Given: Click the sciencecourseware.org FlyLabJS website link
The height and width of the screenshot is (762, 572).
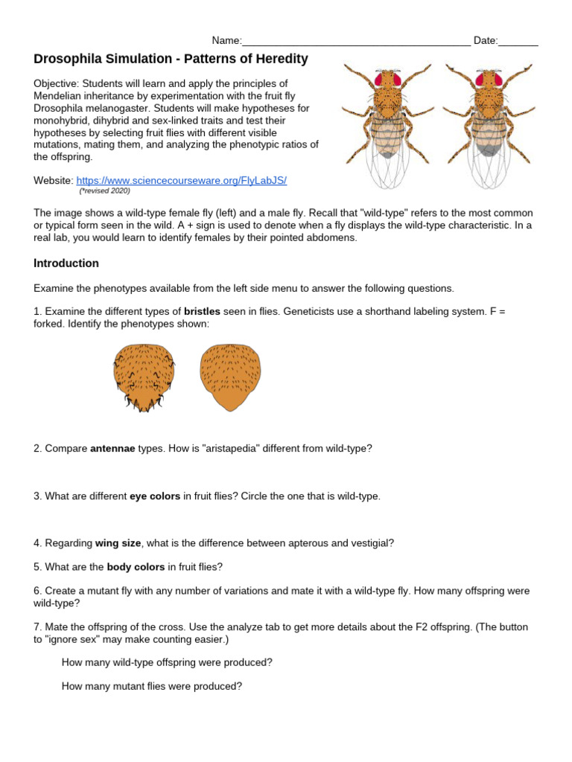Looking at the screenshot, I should click(x=181, y=181).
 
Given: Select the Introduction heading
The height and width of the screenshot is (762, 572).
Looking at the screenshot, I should click(x=66, y=263).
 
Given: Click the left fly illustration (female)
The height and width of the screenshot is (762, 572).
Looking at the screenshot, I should click(x=387, y=123).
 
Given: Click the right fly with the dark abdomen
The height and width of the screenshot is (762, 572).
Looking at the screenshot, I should click(x=489, y=123).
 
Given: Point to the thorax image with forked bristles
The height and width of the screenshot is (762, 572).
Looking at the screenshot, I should click(x=144, y=376).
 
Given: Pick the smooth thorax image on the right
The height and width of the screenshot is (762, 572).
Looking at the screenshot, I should click(x=230, y=376).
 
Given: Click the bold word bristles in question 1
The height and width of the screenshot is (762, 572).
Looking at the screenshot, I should click(x=203, y=312).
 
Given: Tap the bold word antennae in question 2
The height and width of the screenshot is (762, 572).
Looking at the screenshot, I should click(x=112, y=449).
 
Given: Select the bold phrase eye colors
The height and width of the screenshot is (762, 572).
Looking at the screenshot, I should click(x=155, y=496).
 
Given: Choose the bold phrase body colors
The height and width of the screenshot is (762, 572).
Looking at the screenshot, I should click(x=136, y=567).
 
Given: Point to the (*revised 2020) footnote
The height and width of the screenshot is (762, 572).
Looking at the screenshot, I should click(x=104, y=191).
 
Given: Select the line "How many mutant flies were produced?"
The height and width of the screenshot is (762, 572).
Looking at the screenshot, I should click(x=152, y=687).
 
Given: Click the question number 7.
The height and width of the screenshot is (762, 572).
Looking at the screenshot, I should click(x=37, y=627).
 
